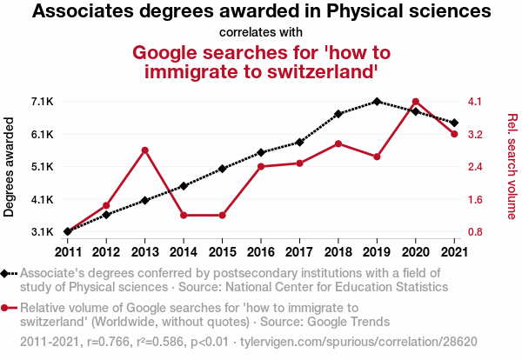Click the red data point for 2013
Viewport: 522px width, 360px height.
145,150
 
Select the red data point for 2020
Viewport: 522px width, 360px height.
416,102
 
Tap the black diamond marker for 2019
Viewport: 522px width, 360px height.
377,102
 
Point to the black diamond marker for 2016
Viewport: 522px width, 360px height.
261,152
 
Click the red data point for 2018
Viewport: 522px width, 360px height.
338,143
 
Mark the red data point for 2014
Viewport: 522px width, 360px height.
184,215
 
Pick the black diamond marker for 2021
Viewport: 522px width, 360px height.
454,123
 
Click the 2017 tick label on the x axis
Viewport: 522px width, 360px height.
299,252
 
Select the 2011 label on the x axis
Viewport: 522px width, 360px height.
68,252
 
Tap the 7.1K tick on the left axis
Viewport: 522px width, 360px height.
42,102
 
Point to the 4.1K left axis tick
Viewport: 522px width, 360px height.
42,199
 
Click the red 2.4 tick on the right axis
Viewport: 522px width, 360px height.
474,167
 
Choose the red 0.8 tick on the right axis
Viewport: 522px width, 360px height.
474,232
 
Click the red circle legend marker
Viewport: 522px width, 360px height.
8,307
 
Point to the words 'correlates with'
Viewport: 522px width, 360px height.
261,33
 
